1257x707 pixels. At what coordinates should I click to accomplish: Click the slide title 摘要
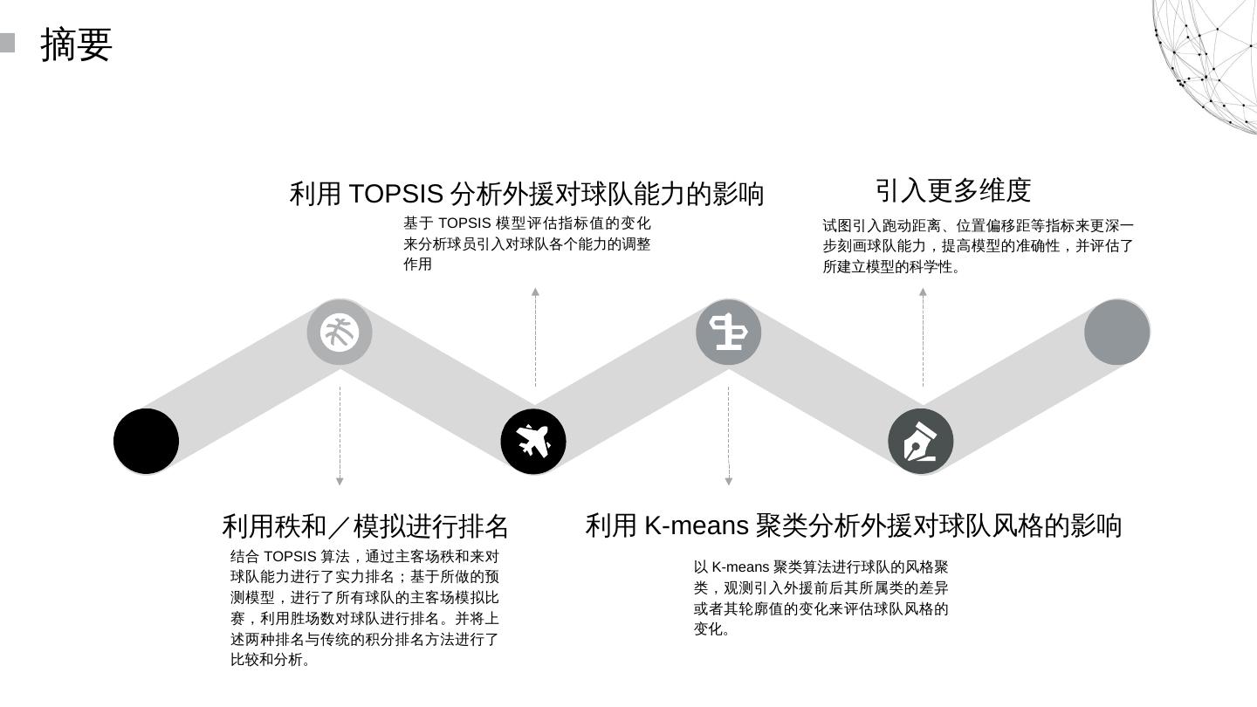(77, 45)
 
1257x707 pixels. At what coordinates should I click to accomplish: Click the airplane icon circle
(533, 441)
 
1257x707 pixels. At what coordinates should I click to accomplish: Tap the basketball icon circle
(340, 333)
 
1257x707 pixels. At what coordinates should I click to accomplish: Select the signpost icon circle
(728, 333)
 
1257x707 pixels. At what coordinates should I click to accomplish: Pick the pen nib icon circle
(921, 441)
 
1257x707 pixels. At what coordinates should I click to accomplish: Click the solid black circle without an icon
(147, 441)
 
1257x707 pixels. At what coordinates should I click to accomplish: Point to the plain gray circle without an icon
(1116, 333)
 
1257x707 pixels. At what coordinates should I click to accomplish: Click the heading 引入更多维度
(953, 190)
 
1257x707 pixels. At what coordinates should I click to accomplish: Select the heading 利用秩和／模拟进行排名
(365, 526)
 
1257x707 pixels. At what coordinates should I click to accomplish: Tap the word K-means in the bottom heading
(696, 525)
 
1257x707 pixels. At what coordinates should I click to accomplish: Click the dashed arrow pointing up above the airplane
(535, 337)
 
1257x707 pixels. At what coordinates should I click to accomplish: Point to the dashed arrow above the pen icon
(923, 337)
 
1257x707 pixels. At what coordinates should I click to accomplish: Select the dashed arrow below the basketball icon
(340, 436)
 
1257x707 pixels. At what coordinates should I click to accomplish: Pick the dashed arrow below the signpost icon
(729, 436)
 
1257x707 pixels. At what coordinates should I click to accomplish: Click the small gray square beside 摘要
(7, 43)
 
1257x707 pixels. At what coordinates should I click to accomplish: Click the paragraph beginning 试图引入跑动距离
(978, 246)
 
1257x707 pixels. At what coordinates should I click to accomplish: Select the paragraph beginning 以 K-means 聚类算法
(821, 598)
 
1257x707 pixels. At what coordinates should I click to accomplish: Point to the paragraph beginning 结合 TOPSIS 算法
(365, 608)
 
